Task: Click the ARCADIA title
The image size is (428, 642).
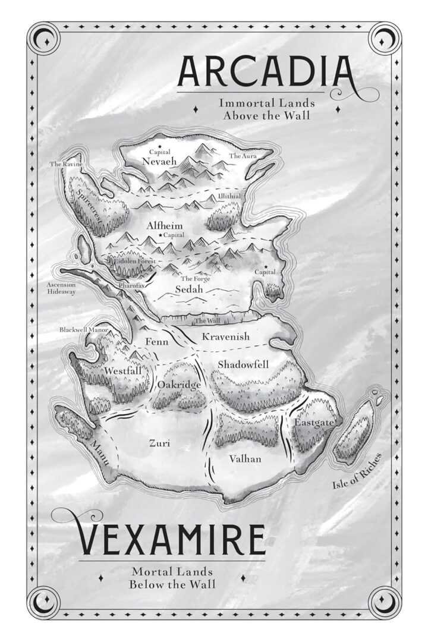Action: (x=267, y=71)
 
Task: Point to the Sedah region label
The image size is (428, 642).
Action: (x=190, y=289)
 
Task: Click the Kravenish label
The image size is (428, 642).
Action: (x=226, y=337)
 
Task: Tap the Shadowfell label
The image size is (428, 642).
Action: (x=244, y=364)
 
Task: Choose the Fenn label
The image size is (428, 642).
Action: (x=157, y=342)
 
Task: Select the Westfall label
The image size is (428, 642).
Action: (x=123, y=370)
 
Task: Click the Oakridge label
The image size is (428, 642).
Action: (x=179, y=385)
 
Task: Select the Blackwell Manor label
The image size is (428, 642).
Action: (x=83, y=329)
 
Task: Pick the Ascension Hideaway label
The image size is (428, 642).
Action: (x=61, y=288)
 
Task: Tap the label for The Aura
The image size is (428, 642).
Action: (x=243, y=156)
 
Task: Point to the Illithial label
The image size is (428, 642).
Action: (x=229, y=196)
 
